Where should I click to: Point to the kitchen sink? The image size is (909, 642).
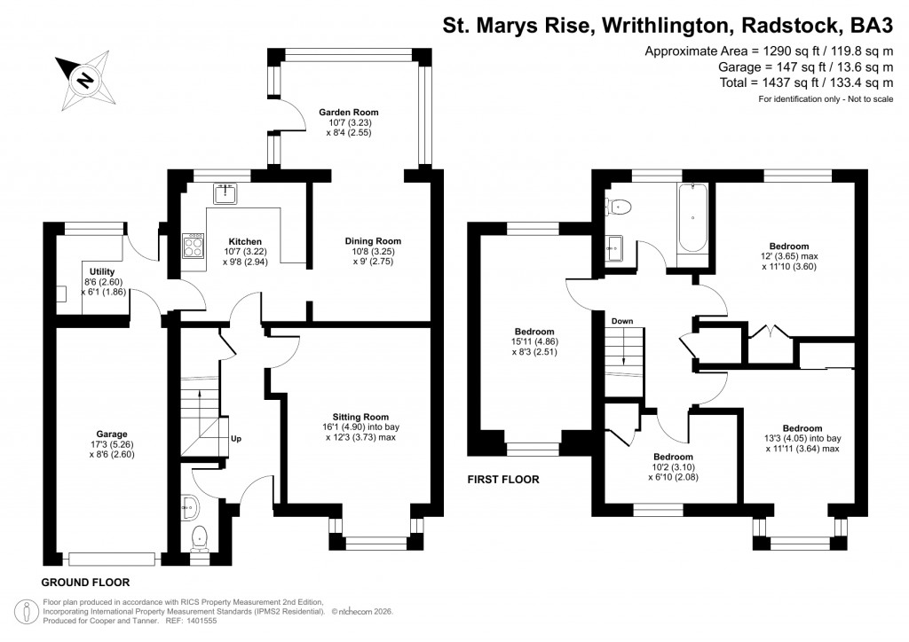[225, 192]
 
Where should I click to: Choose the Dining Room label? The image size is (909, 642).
[373, 241]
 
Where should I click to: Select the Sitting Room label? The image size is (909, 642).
[360, 417]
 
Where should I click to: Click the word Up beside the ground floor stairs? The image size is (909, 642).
[235, 438]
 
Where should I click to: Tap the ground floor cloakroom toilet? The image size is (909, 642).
[201, 536]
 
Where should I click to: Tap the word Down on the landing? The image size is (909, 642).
[621, 320]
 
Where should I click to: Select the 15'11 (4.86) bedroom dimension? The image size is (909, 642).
[533, 341]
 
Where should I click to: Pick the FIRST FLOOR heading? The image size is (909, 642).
[503, 480]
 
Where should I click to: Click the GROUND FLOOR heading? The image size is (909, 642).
[85, 583]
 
